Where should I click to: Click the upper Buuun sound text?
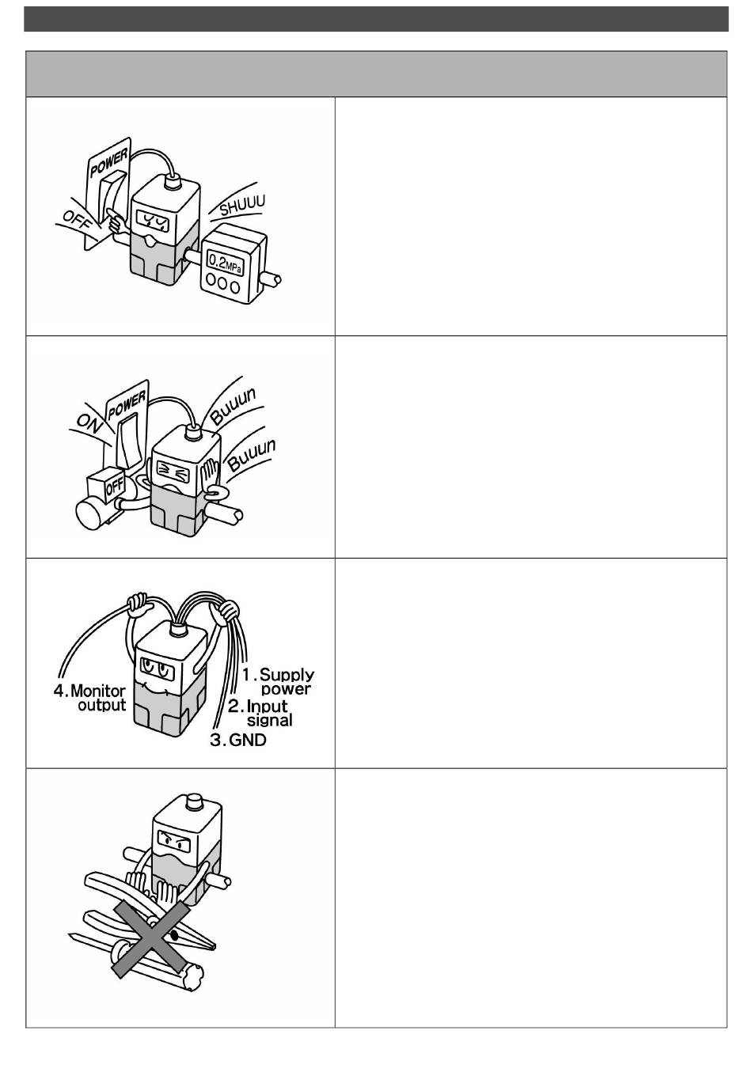click(233, 405)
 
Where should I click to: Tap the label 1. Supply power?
click(279, 681)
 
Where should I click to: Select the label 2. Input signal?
click(260, 713)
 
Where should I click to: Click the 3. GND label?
click(238, 741)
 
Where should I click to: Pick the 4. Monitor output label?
click(90, 698)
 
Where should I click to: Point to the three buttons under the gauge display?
click(225, 286)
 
